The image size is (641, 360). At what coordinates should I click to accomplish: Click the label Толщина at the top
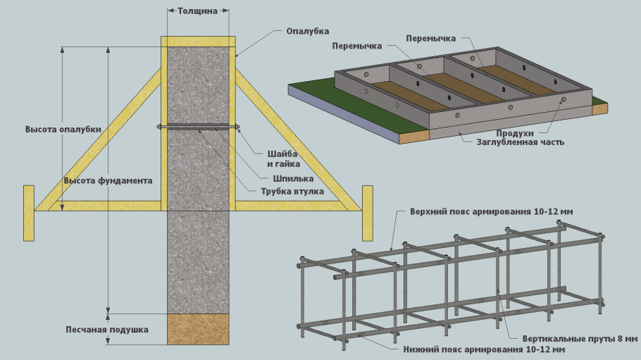198,11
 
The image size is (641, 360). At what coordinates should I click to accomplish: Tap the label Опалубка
308,32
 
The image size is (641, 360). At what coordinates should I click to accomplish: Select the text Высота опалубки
63,130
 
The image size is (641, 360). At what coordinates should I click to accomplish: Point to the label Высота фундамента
108,180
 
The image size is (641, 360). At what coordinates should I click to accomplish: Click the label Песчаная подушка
107,329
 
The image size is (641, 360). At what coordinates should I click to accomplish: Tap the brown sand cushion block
198,329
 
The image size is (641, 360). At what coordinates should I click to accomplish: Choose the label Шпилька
279,178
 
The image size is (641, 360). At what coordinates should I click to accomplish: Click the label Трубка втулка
292,191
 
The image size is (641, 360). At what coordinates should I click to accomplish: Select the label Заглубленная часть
516,142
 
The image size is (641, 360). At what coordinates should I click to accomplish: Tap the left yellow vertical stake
29,213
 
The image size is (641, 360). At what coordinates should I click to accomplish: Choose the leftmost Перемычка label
357,46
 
